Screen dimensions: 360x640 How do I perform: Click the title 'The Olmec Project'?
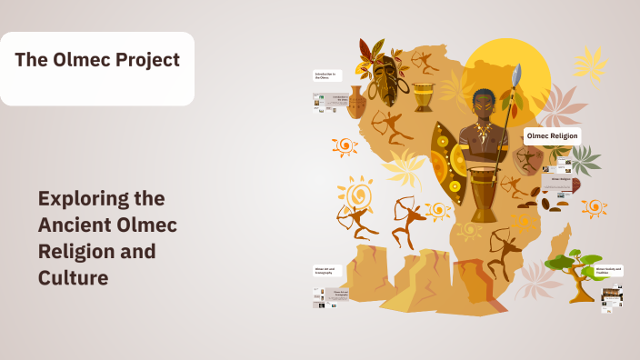(97, 61)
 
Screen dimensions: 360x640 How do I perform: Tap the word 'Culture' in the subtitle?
(73, 276)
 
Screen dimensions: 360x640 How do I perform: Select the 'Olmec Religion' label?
(552, 136)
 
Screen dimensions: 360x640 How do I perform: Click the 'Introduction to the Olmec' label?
(327, 75)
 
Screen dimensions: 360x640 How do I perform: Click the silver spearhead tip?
(518, 75)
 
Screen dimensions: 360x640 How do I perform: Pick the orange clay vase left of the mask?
(356, 103)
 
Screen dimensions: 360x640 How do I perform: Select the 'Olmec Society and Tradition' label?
(608, 271)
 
